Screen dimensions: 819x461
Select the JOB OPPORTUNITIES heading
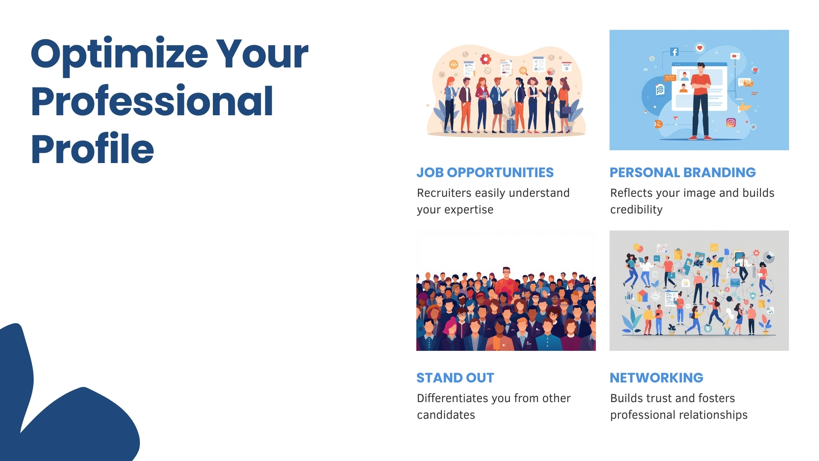click(x=485, y=172)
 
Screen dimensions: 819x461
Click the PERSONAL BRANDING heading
click(x=682, y=172)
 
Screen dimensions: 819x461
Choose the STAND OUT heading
click(x=455, y=378)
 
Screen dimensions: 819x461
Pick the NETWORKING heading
click(x=656, y=378)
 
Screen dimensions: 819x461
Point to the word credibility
click(x=636, y=210)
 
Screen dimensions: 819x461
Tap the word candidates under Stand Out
click(x=446, y=415)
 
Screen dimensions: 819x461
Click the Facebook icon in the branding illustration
click(x=674, y=52)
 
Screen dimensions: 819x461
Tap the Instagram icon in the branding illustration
click(x=731, y=123)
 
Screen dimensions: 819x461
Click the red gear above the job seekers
click(x=485, y=59)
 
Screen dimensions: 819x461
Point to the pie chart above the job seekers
click(x=551, y=71)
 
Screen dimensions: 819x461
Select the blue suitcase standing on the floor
click(x=511, y=125)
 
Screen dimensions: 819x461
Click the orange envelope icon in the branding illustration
click(x=747, y=83)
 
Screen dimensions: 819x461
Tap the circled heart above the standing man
click(x=700, y=48)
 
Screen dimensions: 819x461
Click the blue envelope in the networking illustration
click(x=735, y=283)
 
